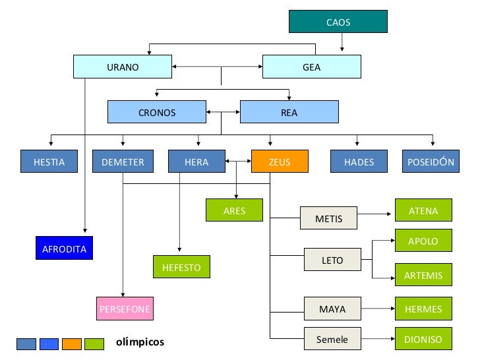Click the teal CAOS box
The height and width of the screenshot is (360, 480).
click(x=338, y=21)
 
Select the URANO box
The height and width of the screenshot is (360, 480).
click(x=123, y=67)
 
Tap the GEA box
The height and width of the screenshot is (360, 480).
click(x=312, y=67)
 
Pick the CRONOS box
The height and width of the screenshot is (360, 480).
click(x=157, y=112)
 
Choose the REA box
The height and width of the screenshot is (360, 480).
click(x=289, y=112)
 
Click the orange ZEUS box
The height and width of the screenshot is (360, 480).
click(x=280, y=162)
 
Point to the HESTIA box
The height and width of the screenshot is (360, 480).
click(x=49, y=162)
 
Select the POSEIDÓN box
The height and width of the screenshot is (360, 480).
click(x=431, y=162)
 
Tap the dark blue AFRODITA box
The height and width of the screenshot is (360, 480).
click(x=65, y=248)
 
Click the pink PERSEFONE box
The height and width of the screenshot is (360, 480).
click(x=125, y=309)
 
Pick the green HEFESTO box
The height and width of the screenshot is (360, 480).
click(x=181, y=267)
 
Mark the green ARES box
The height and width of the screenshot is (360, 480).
click(x=234, y=210)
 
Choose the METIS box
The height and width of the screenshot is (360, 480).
click(x=328, y=218)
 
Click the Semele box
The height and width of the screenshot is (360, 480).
click(x=332, y=339)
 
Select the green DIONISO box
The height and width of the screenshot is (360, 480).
click(x=423, y=339)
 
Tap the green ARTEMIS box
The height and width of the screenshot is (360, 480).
click(x=423, y=274)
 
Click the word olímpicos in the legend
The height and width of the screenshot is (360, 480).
click(x=140, y=342)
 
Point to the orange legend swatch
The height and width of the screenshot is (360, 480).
click(x=72, y=344)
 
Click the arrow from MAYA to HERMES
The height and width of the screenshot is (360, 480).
click(x=378, y=309)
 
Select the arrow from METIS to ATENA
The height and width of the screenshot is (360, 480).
click(x=374, y=214)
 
